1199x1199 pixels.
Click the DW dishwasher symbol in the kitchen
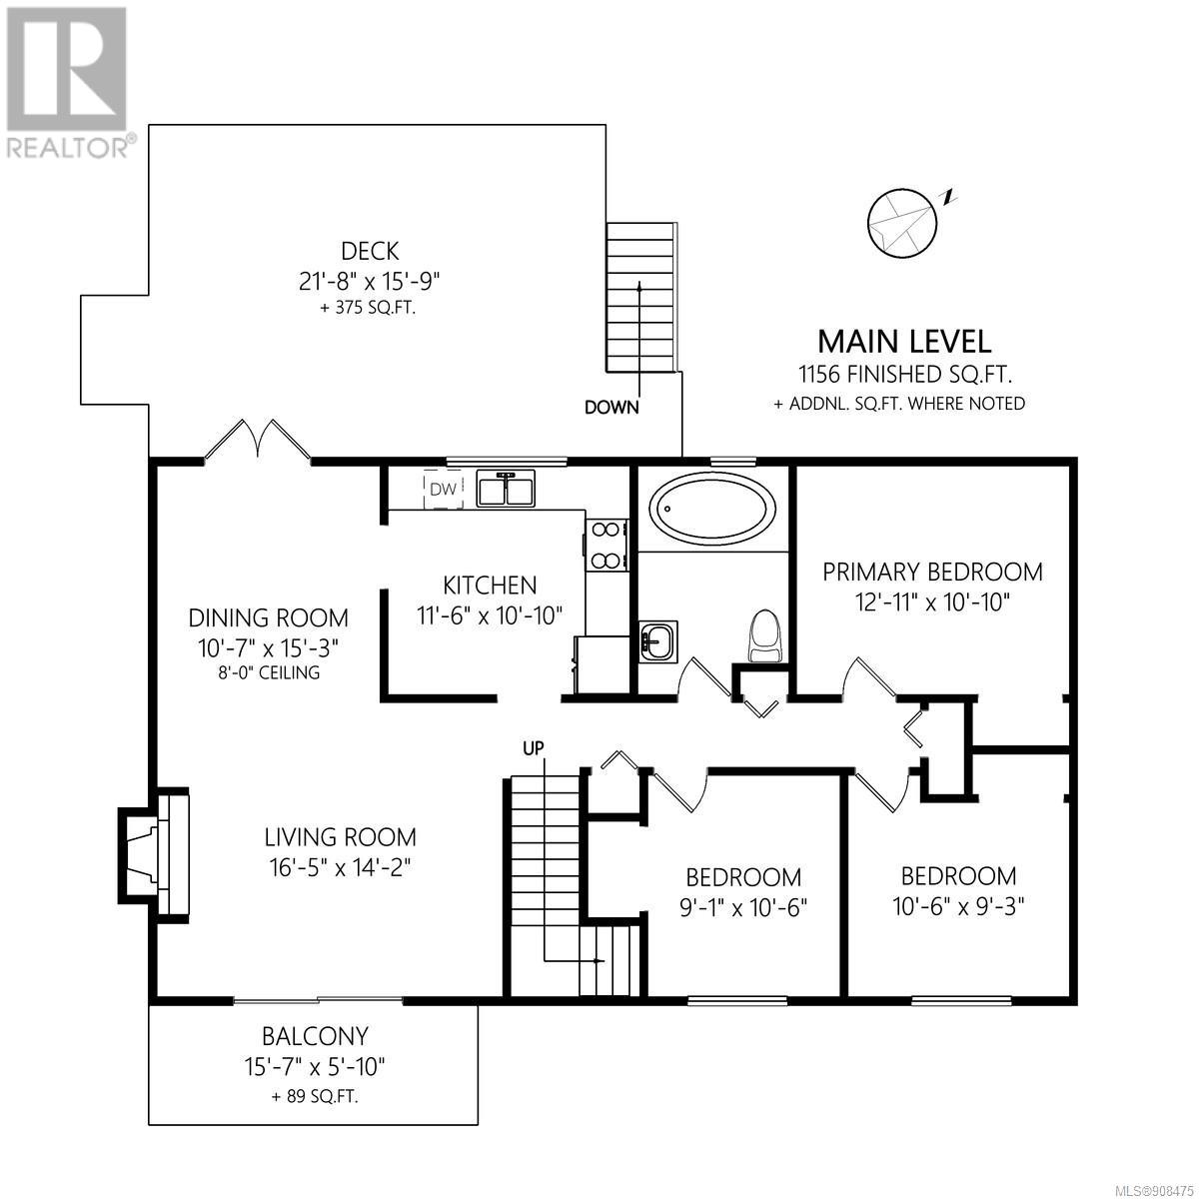443,489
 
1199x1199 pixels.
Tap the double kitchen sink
506,488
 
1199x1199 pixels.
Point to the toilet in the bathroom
765,635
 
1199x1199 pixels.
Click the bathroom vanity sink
658,640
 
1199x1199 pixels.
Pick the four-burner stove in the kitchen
604,546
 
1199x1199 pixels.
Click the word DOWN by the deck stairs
611,408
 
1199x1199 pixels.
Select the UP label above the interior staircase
534,749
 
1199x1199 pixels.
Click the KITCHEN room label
490,585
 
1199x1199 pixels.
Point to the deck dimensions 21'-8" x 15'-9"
370,282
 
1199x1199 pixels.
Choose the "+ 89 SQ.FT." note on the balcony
315,1114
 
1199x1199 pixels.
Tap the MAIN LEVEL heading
904,342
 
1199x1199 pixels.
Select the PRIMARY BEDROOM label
932,572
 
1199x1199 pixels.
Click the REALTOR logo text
70,148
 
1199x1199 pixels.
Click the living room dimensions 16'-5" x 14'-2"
341,867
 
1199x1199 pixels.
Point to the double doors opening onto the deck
258,441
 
